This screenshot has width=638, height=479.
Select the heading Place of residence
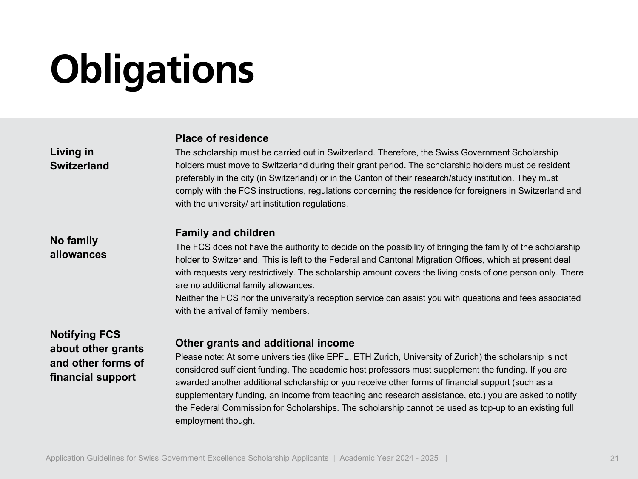point(222,138)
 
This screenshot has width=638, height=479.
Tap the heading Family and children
point(225,233)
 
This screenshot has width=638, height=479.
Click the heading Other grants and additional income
point(265,343)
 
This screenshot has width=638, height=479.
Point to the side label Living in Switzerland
point(80,159)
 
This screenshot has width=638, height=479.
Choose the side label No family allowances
point(78,247)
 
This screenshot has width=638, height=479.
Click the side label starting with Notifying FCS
point(97,356)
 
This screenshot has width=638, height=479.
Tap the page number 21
point(614,459)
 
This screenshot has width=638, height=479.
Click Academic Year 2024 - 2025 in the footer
point(389,458)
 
